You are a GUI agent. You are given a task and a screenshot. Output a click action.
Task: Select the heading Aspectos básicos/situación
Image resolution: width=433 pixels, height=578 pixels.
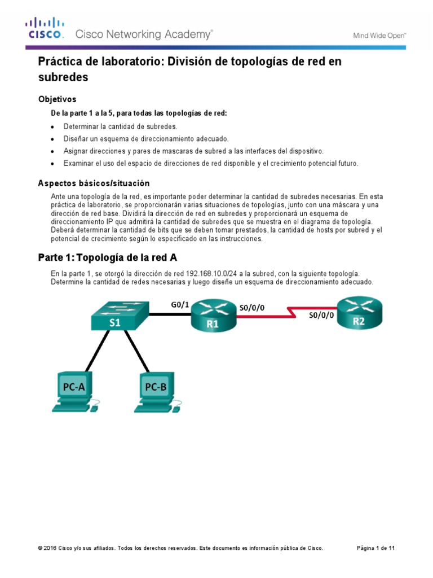(93, 183)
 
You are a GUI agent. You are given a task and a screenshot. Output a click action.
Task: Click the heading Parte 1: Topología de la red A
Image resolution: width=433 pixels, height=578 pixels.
(107, 258)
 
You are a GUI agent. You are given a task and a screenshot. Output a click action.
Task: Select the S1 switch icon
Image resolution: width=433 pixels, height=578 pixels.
(115, 317)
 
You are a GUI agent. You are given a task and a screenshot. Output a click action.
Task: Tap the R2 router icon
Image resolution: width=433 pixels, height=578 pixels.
(359, 314)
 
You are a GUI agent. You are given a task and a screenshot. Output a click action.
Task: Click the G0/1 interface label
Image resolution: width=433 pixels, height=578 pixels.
(180, 305)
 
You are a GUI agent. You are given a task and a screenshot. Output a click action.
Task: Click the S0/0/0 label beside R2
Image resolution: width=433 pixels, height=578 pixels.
(322, 316)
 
